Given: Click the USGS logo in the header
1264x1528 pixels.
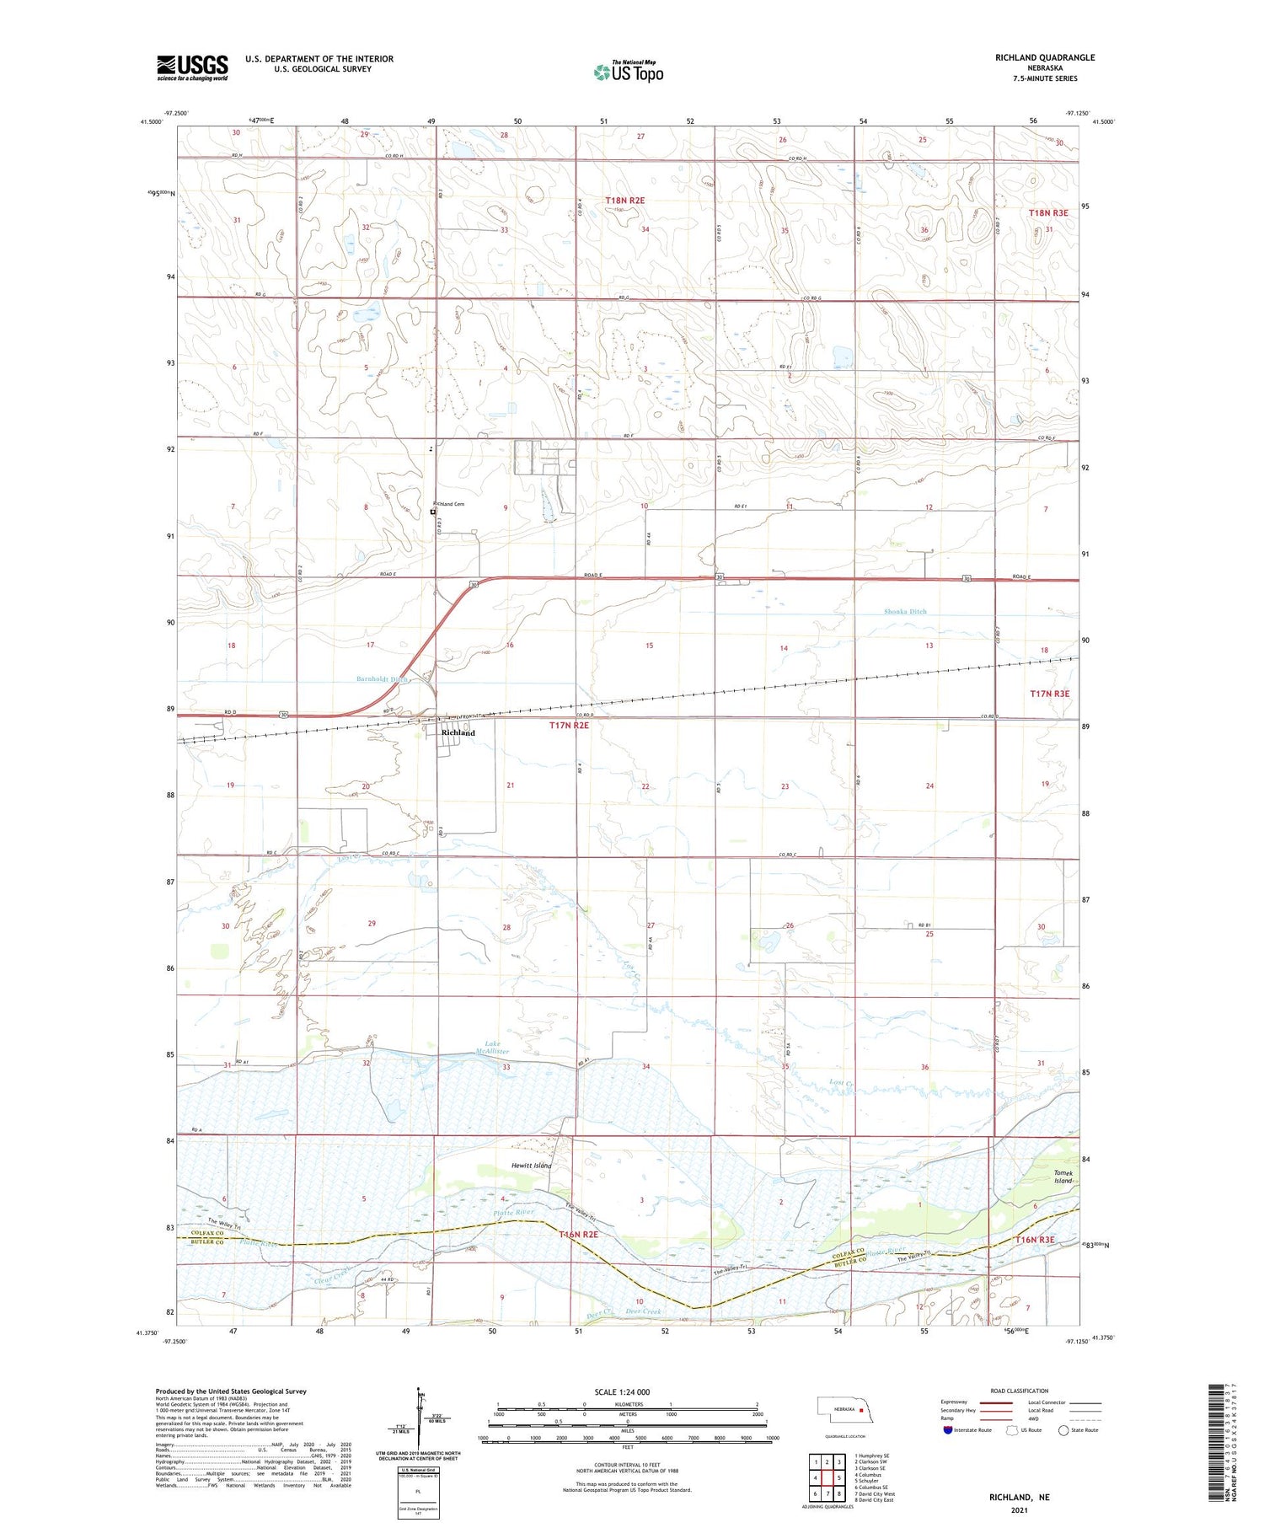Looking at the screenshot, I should pos(192,67).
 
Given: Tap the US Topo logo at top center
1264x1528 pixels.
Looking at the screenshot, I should pos(628,72).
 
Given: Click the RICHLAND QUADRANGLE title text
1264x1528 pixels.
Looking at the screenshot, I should pos(1045,57).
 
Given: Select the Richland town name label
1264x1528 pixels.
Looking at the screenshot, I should pos(458,732).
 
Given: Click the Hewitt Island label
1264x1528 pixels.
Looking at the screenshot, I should pos(531,1166).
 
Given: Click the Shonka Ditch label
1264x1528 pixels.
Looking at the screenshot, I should pos(905,611).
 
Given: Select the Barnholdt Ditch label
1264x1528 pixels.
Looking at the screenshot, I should pos(382,678).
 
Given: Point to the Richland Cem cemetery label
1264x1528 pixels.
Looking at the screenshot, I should pos(450,504).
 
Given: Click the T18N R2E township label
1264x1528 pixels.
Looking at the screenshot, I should pos(624,200).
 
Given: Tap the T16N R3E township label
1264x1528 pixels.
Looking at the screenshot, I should pos(1034,1240).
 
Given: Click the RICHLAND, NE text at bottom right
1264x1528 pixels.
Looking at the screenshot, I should pos(1020,1498).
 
